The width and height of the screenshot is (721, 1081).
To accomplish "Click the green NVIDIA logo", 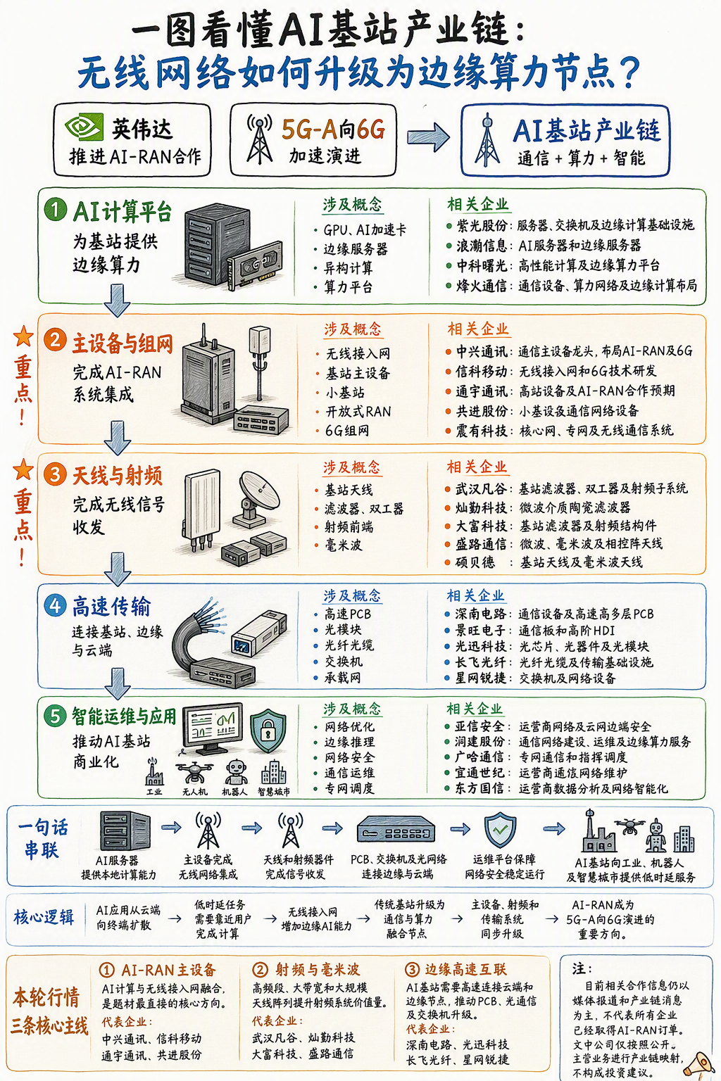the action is tap(84, 127).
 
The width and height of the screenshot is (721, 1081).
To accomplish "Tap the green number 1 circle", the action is tap(55, 210).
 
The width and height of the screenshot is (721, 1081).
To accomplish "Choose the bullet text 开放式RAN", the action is tap(358, 412).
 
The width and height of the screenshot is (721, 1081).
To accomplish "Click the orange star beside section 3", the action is tap(23, 469).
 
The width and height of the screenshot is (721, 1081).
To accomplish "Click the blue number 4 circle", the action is tap(55, 605).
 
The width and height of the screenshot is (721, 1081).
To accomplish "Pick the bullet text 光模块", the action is tap(343, 630).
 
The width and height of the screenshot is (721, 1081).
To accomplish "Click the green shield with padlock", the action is tap(268, 731).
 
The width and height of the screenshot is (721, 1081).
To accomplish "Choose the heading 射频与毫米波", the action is tap(318, 969).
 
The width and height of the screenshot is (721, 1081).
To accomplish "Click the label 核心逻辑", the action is tap(44, 917).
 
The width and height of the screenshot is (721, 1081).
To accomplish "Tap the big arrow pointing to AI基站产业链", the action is tap(428, 137).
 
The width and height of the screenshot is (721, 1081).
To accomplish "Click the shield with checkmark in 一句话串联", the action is tap(501, 829).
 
